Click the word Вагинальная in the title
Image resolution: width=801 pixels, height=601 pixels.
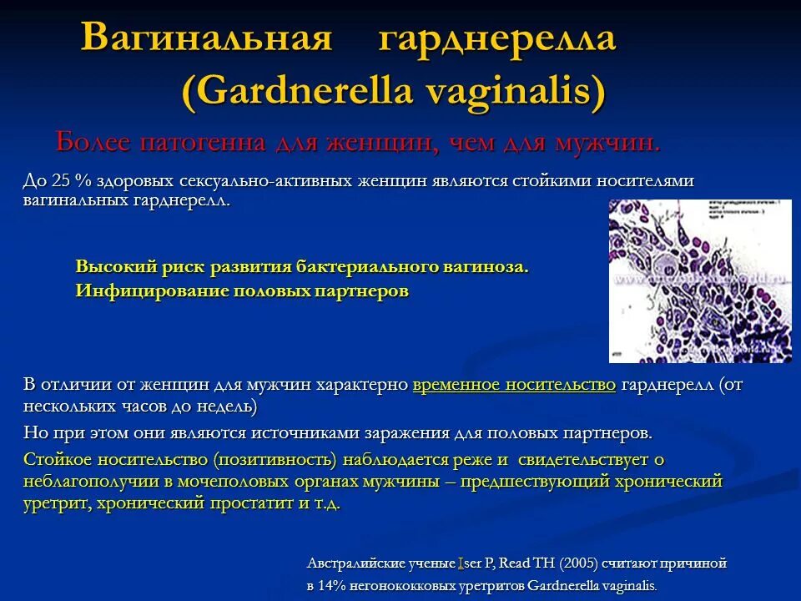click(207, 39)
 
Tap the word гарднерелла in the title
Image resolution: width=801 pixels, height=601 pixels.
click(497, 39)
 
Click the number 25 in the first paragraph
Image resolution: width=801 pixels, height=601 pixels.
click(61, 181)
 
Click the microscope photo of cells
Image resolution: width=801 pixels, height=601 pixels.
click(699, 280)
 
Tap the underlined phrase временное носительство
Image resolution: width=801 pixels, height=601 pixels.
click(514, 385)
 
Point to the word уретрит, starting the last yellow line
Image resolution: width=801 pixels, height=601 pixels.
click(57, 504)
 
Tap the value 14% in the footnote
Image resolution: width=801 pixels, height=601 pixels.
click(335, 586)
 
